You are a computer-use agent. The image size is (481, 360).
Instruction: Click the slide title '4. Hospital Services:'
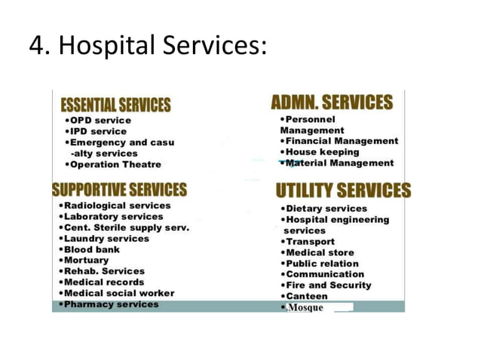point(148,47)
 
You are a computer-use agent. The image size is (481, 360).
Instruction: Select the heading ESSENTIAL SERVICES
point(115,105)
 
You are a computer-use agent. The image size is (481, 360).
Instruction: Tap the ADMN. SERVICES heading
point(332,102)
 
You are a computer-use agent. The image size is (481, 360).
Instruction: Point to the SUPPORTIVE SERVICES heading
point(118,189)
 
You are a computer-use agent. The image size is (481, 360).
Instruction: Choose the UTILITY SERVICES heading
point(343,190)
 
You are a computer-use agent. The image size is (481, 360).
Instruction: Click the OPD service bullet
point(99,121)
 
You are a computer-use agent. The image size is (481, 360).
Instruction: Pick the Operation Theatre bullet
point(114,164)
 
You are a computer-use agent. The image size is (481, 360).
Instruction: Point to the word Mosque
point(305,308)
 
